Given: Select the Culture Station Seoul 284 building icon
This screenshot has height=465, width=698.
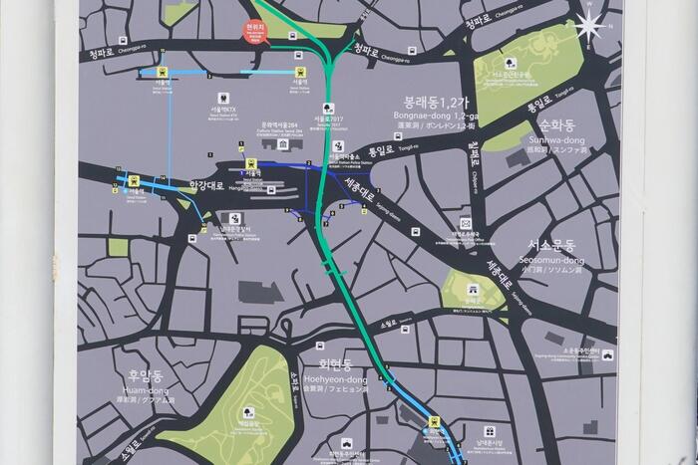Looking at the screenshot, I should tap(285, 144).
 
